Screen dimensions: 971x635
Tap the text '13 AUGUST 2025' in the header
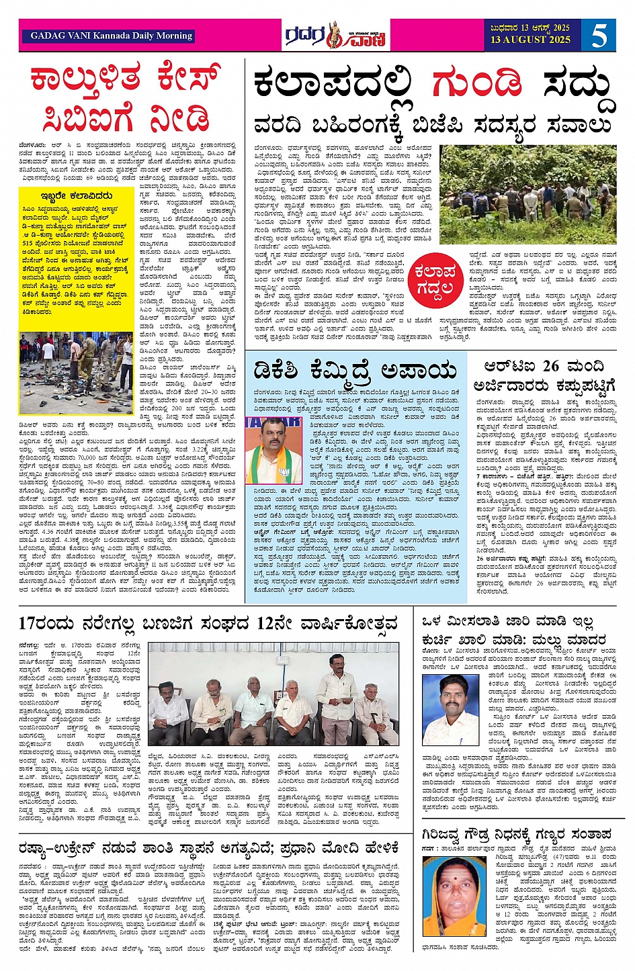(x=530, y=40)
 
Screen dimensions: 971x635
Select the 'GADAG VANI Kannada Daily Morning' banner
(x=112, y=36)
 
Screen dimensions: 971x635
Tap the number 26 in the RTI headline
(x=551, y=366)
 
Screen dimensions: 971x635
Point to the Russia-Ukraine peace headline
(x=210, y=848)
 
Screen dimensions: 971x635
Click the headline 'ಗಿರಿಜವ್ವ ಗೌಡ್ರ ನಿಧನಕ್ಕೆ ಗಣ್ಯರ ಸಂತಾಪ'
(x=517, y=835)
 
